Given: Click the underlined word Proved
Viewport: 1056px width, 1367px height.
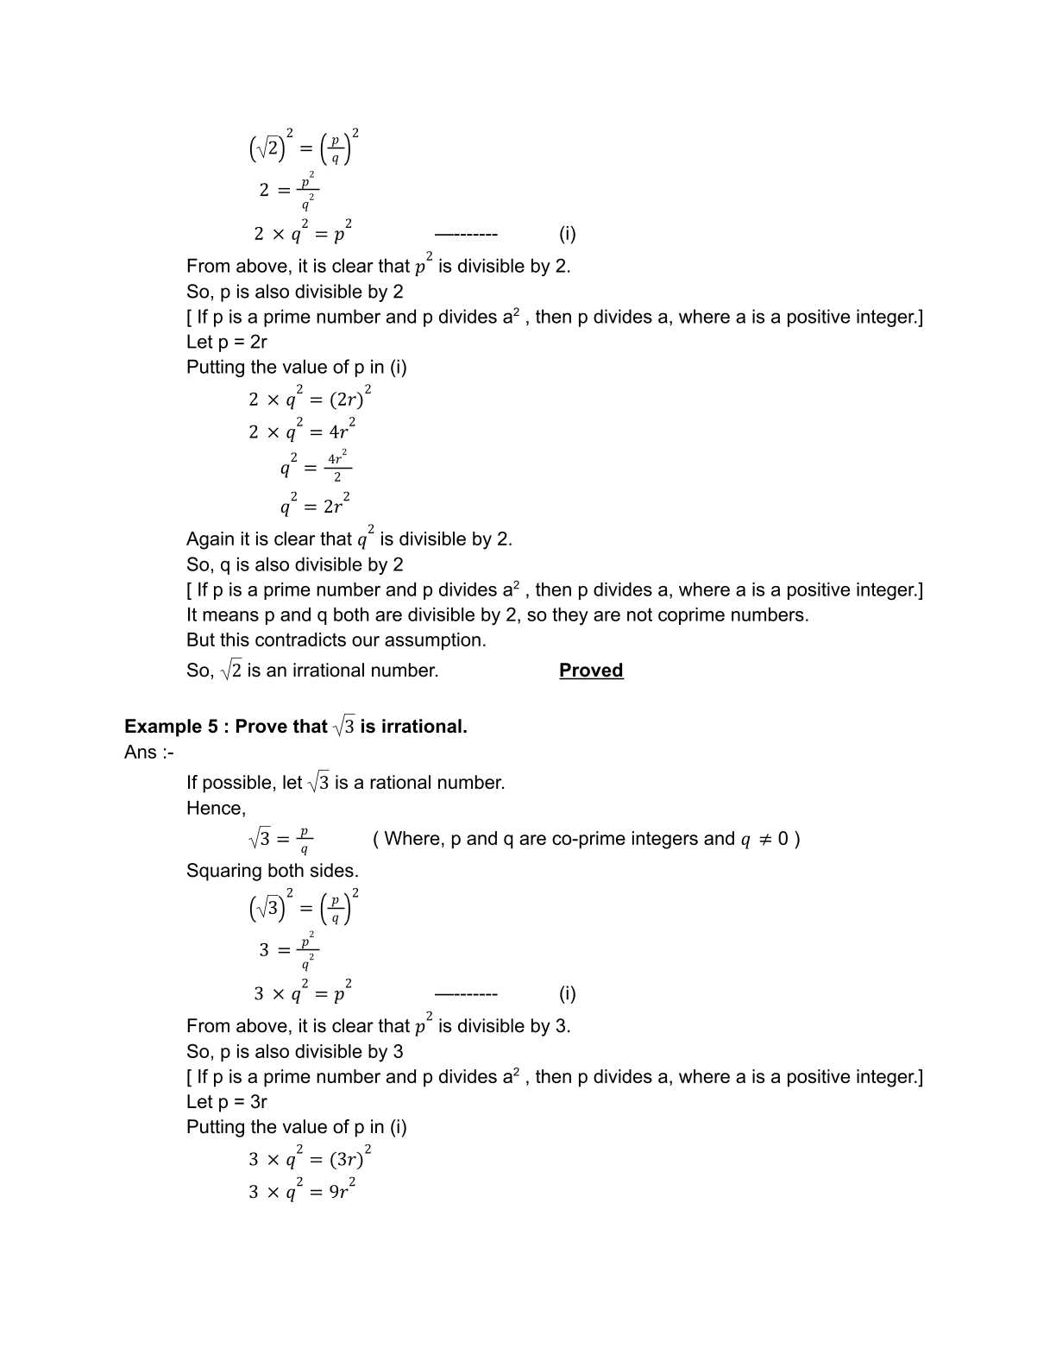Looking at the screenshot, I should point(591,671).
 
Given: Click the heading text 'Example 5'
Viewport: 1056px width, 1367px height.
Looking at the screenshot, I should point(171,727).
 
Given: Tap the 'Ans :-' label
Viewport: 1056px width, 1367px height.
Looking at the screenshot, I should point(148,753).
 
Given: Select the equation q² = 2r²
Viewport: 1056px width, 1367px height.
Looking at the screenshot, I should point(315,505).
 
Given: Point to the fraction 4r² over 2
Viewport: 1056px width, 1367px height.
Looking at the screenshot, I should point(337,467).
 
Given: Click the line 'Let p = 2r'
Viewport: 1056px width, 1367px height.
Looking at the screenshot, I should point(227,342).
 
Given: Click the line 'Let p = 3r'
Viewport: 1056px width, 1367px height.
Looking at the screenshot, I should point(227,1102).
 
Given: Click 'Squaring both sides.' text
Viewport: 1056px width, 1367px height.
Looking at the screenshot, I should point(273,871).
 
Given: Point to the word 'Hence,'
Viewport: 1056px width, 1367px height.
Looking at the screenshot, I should point(216,809).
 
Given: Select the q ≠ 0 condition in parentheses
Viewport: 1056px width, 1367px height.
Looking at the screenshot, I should point(764,839).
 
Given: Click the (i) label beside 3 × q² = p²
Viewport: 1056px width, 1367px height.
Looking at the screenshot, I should point(567,993).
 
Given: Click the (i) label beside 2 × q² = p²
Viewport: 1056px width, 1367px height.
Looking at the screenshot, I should point(567,234).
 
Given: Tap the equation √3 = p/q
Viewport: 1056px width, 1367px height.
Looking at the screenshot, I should point(280,839).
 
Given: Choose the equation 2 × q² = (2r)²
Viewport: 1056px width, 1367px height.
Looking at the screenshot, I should point(310,399).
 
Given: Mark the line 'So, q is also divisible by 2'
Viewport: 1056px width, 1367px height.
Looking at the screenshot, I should point(295,565).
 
